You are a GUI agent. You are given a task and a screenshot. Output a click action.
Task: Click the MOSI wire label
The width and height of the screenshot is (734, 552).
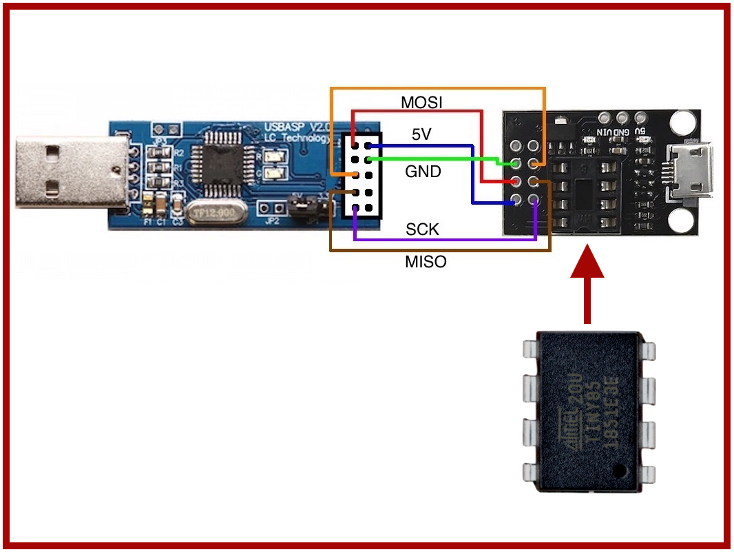click(421, 103)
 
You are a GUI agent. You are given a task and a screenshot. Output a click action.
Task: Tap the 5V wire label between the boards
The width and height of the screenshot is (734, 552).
click(421, 135)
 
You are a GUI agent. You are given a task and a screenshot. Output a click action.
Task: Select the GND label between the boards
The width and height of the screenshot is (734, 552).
click(423, 172)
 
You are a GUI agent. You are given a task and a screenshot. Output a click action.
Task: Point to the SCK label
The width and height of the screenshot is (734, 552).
click(422, 229)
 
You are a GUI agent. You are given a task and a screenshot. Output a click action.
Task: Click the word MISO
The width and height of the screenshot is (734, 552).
click(426, 262)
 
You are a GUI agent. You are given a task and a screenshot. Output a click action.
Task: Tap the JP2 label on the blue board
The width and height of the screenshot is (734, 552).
click(273, 221)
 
